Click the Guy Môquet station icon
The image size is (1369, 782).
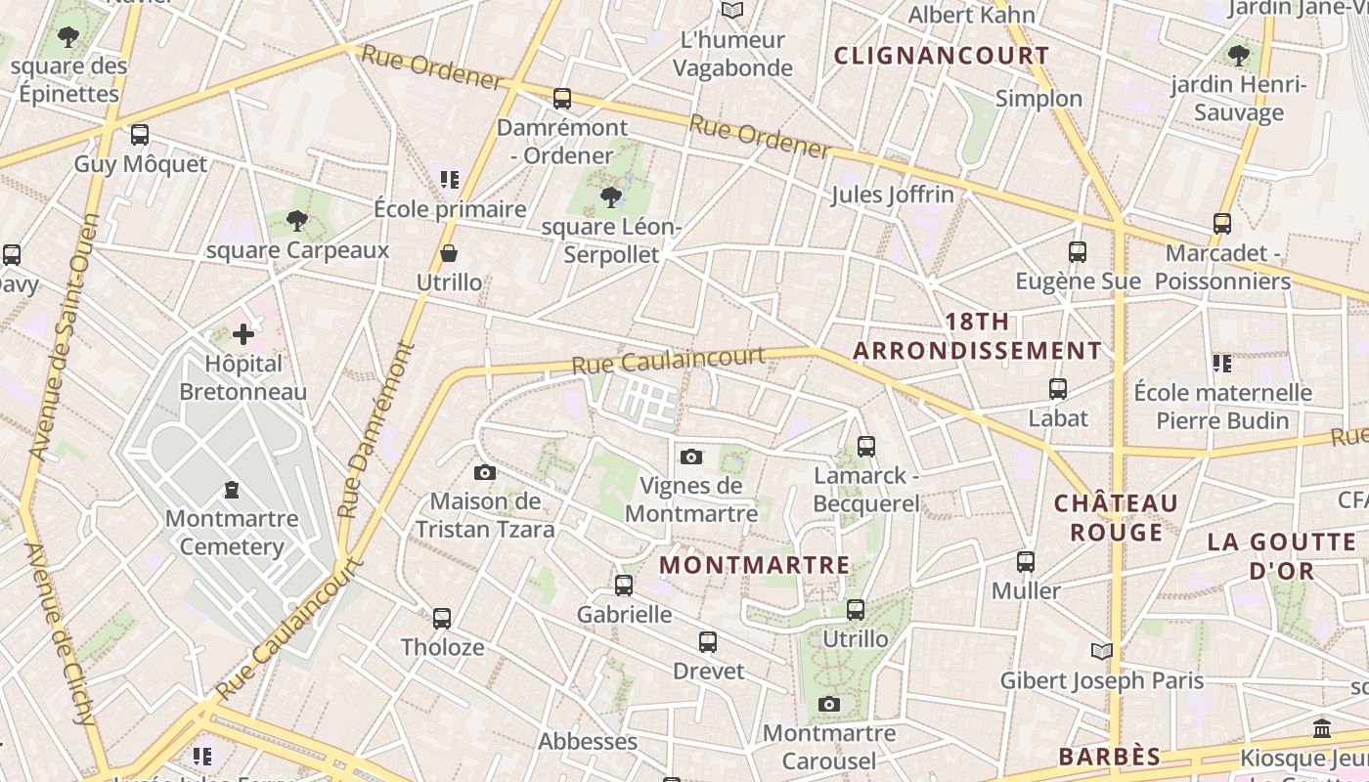[140, 135]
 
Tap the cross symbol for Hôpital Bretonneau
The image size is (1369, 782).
[243, 334]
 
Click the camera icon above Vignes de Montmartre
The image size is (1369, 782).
[691, 456]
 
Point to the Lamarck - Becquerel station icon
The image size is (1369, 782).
[865, 447]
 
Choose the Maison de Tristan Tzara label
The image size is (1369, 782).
[485, 515]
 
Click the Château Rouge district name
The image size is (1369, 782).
[1116, 518]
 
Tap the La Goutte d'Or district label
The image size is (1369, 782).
[1280, 555]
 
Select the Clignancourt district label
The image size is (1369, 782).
[941, 56]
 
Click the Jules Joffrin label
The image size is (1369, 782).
[892, 195]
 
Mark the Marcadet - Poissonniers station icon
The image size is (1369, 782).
[1222, 224]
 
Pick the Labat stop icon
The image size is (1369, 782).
[1057, 388]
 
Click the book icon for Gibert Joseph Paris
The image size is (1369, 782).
[1101, 651]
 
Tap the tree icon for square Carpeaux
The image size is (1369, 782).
[297, 221]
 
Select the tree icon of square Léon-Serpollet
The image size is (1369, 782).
[611, 197]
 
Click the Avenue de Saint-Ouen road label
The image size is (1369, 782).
[66, 337]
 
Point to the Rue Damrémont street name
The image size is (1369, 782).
[376, 430]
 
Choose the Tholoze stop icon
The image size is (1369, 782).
[442, 618]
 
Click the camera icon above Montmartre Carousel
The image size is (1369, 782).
[829, 704]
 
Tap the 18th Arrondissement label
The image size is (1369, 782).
[977, 336]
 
